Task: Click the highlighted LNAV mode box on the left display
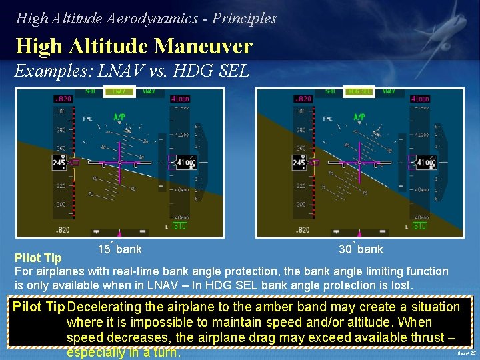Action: (119, 91)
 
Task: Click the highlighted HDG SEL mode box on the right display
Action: (359, 91)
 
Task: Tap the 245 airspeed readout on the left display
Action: (59, 162)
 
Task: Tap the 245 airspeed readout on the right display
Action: (299, 162)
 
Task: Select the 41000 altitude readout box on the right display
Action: (424, 162)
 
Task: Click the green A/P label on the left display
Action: (119, 117)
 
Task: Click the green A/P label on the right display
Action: (359, 117)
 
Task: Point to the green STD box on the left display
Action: (179, 226)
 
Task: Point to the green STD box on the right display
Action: (419, 226)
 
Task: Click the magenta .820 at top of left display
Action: (62, 99)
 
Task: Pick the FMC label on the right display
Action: (327, 119)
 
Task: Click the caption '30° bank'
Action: (361, 249)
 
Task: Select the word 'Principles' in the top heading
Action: (244, 18)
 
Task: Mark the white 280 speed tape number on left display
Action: (61, 130)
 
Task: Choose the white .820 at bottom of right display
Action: (302, 230)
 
